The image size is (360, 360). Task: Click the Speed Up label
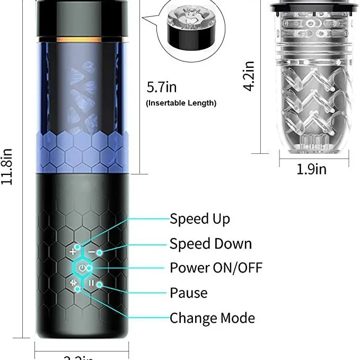point(199,219)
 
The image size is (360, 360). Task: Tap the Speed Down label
point(210,244)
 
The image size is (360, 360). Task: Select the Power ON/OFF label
point(216,268)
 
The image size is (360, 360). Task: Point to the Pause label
point(188,293)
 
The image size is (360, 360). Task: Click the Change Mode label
point(212,318)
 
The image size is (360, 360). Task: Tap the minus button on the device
point(92,251)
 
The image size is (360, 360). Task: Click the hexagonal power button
point(82,268)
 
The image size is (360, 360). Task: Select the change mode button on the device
point(74,283)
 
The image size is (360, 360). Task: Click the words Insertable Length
point(181,103)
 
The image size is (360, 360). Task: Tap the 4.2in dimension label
point(250,76)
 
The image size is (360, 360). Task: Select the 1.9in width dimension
point(311,169)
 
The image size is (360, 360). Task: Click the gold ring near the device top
point(82,40)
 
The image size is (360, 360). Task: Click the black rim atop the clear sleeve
point(313,8)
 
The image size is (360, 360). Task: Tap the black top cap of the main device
point(82,19)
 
